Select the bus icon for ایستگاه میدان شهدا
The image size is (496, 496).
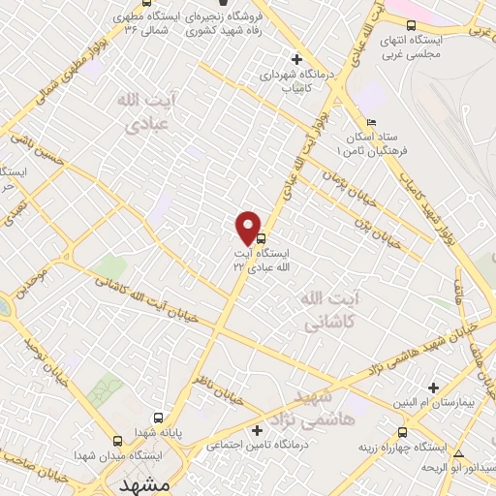tap(118, 439)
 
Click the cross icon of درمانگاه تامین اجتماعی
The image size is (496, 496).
tap(257, 429)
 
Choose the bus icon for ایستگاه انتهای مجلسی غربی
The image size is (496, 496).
tap(413, 25)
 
